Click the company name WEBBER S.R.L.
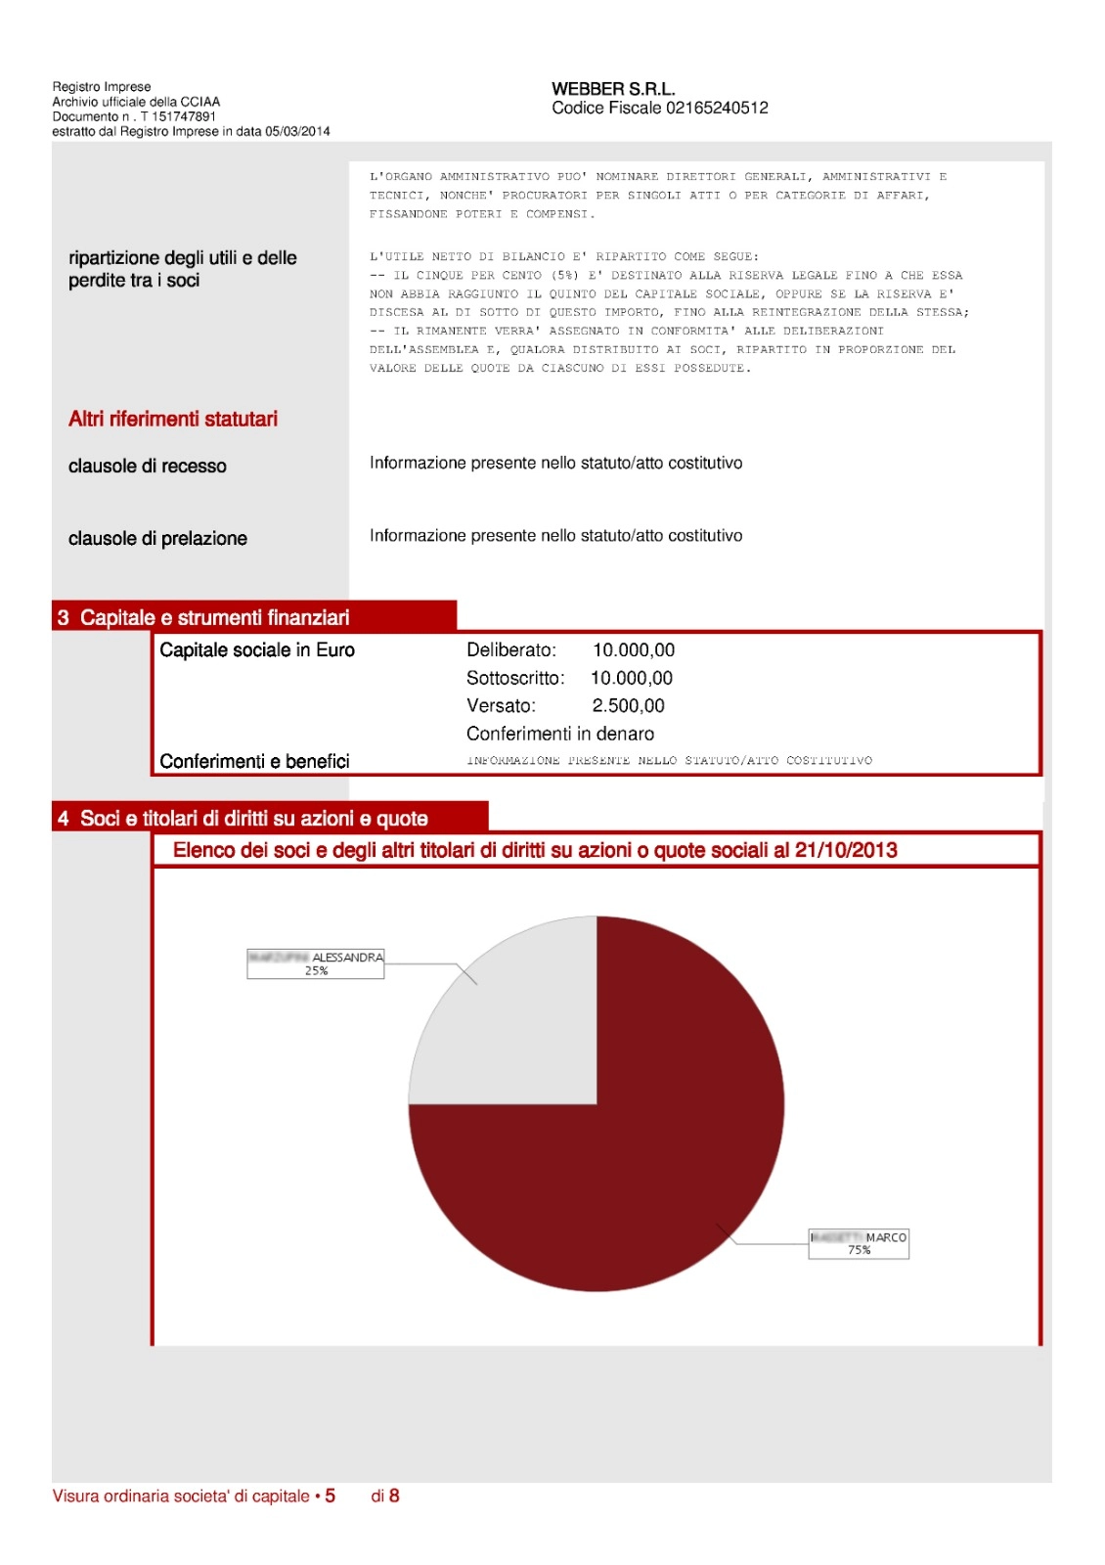613,89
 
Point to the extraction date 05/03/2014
297,131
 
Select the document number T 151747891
178,116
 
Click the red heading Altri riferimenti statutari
173,419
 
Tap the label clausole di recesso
148,467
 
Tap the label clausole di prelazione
157,538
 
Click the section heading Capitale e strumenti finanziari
214,617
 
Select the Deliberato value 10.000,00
634,650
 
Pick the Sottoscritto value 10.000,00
632,678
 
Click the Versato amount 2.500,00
628,705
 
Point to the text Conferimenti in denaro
560,734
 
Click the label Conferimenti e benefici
254,761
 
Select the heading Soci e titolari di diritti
253,819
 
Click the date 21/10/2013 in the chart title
846,850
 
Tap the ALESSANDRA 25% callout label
316,963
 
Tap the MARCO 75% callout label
859,1243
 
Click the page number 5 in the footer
331,1496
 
